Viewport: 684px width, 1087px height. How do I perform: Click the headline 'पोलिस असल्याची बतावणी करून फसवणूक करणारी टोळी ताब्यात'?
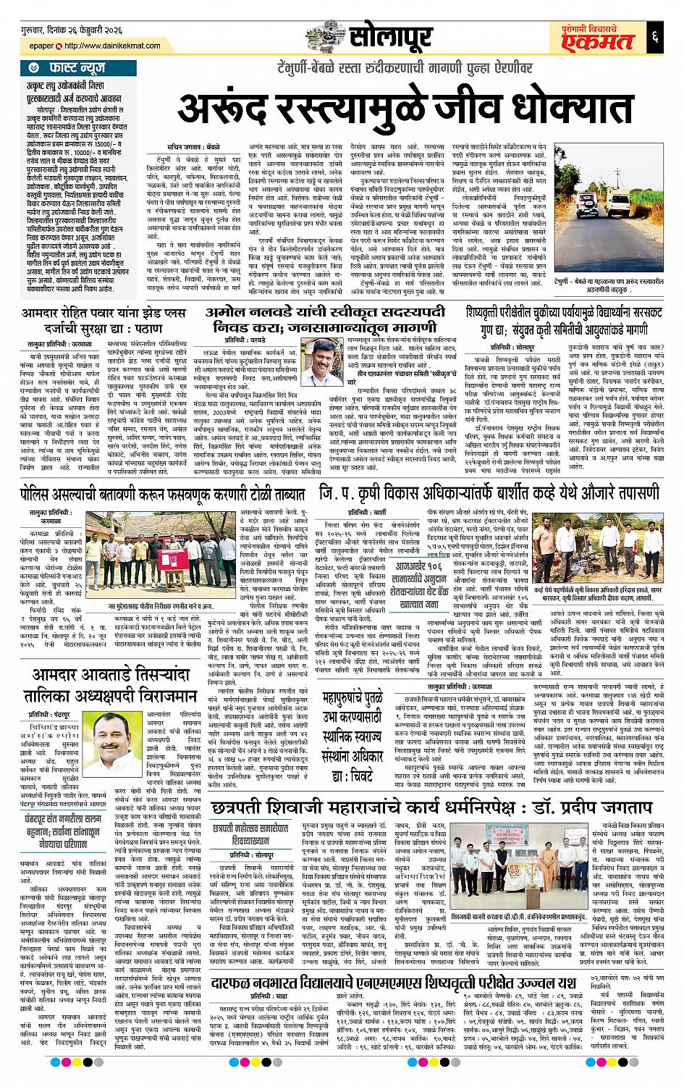click(163, 494)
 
